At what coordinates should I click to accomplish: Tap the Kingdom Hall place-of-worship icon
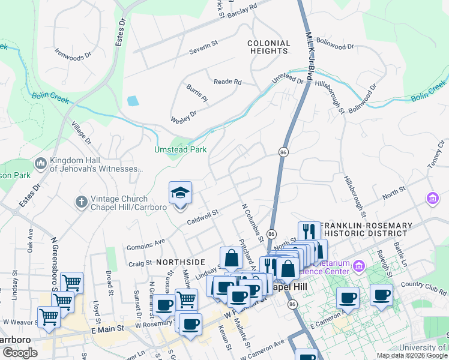point(41,163)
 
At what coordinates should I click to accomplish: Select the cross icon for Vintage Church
point(82,202)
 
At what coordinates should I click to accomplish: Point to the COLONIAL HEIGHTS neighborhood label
point(269,47)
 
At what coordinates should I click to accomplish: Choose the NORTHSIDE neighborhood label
point(181,262)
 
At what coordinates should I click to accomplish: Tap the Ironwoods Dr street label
point(72,53)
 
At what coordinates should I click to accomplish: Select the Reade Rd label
point(228,82)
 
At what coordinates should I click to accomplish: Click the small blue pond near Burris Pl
point(133,101)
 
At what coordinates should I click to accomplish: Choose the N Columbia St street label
point(253,221)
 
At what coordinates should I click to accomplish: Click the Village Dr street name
point(81,134)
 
